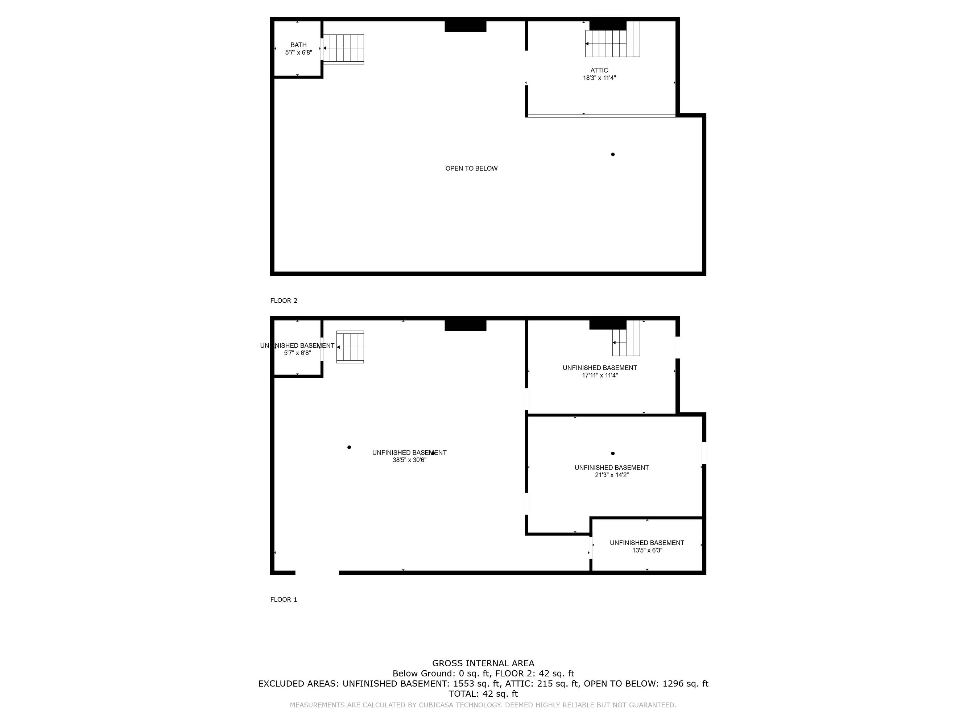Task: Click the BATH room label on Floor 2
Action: (298, 45)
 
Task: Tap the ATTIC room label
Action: (599, 70)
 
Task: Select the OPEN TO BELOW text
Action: (471, 169)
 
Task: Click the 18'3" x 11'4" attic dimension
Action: (599, 78)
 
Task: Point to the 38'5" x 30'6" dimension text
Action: (409, 460)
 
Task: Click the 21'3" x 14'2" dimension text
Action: (612, 475)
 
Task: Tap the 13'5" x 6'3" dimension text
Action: (647, 550)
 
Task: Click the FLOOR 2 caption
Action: (284, 301)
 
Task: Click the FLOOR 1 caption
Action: (284, 600)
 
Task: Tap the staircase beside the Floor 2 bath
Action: (344, 49)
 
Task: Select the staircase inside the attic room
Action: (612, 39)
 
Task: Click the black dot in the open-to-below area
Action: (613, 154)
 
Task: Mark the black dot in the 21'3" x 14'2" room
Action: (613, 453)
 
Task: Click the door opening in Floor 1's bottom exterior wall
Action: (317, 573)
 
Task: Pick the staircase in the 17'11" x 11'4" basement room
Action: (626, 338)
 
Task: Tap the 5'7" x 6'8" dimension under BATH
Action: (298, 53)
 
